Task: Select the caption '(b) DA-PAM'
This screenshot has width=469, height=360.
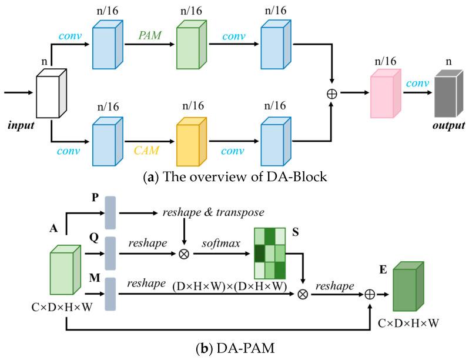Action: tap(235, 348)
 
